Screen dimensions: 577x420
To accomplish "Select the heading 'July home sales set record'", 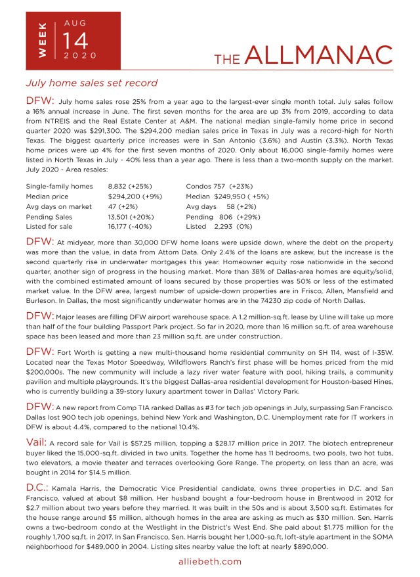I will click(x=91, y=83).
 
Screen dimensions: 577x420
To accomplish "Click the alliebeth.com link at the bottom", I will click(x=210, y=561).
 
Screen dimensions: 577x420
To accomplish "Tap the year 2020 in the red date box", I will click(x=80, y=56).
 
